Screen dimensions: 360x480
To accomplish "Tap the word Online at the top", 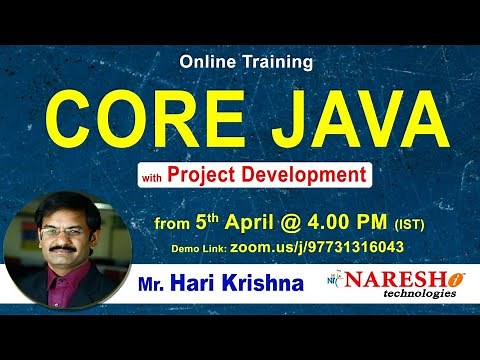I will pos(209,61).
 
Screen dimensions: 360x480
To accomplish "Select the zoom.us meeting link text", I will pos(317,243).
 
